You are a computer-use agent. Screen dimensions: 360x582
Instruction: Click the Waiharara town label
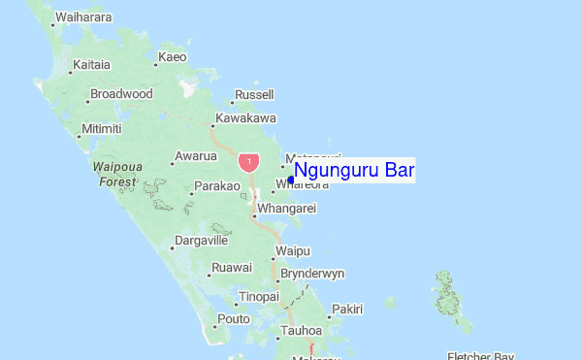click(x=83, y=17)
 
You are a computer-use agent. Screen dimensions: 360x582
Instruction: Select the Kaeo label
click(x=172, y=57)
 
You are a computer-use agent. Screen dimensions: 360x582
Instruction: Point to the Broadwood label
click(x=121, y=94)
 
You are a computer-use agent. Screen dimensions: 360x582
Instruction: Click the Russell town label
click(x=254, y=94)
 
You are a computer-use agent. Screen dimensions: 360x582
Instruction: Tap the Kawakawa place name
click(x=246, y=118)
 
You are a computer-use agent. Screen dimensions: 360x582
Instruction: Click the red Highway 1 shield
click(x=249, y=161)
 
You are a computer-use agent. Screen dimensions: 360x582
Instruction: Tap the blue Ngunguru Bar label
click(x=354, y=171)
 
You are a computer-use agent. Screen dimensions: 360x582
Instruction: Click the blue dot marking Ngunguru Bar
click(x=291, y=179)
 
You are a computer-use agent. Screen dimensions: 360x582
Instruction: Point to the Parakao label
click(x=216, y=185)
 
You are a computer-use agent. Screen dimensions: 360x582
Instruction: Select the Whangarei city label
click(x=288, y=208)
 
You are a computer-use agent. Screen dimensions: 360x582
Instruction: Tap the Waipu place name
click(x=292, y=250)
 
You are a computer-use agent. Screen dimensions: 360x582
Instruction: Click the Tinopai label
click(x=259, y=296)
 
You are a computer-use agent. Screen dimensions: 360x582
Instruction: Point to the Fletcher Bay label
click(x=479, y=356)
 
